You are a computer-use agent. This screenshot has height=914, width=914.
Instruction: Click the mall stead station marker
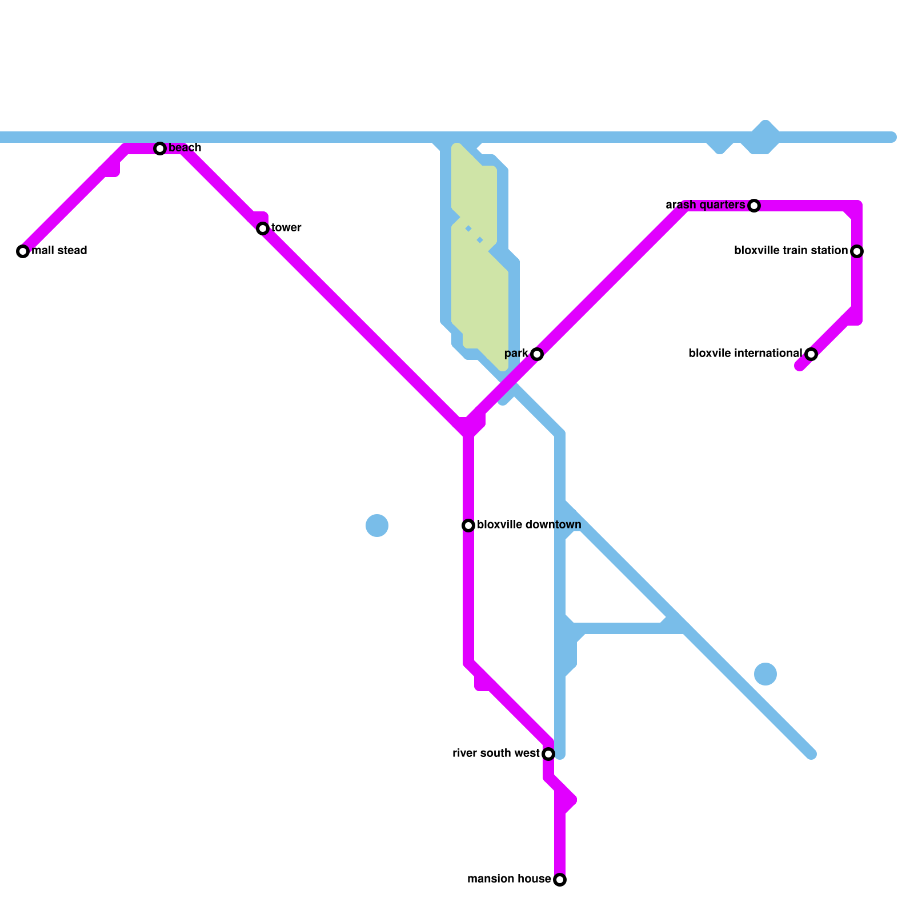[23, 251]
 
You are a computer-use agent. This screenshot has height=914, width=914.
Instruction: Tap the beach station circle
[160, 149]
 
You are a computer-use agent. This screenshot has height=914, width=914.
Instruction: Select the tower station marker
[263, 228]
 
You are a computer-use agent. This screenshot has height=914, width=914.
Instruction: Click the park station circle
[537, 354]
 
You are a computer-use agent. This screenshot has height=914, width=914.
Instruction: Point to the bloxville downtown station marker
[468, 526]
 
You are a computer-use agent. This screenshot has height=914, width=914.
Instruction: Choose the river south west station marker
[548, 754]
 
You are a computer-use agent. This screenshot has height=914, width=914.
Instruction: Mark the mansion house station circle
[560, 880]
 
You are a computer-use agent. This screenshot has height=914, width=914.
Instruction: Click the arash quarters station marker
[754, 206]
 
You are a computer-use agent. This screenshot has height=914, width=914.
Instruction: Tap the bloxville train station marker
[857, 251]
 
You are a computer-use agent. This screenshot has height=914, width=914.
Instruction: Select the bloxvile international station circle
[811, 354]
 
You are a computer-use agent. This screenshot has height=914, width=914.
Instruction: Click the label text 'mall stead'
[59, 251]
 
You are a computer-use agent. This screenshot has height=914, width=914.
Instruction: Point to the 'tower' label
[286, 228]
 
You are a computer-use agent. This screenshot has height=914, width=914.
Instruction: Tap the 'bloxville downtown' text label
[529, 525]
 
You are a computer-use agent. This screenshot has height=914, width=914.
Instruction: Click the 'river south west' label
[496, 753]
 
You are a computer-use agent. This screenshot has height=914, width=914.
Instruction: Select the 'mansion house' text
[509, 879]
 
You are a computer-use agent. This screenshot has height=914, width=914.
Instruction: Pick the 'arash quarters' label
[705, 205]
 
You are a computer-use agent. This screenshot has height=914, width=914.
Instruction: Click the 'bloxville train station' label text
[791, 251]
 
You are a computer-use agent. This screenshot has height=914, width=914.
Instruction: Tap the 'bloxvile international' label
[745, 354]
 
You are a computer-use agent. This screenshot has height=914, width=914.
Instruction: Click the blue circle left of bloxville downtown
[377, 526]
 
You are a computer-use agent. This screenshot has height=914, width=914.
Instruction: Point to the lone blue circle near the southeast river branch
[765, 674]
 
